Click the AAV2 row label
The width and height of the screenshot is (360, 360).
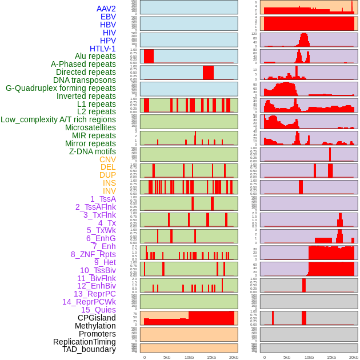(x=106, y=9)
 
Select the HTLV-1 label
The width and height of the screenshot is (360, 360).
(x=102, y=49)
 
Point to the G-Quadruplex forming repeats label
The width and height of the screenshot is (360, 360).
(x=61, y=88)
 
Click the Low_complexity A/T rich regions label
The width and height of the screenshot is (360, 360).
(x=58, y=119)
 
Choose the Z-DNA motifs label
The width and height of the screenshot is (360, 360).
(x=92, y=151)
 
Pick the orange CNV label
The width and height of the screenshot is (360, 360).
(x=107, y=159)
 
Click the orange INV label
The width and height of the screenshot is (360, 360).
(x=109, y=191)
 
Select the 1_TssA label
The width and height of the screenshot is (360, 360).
(x=103, y=199)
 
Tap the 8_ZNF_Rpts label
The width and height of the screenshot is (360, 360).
(x=93, y=254)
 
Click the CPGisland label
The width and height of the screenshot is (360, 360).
(x=97, y=318)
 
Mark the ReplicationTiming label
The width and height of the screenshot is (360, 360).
(x=85, y=342)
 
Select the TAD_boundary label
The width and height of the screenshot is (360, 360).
(x=89, y=349)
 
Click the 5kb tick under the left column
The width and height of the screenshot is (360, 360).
(x=167, y=357)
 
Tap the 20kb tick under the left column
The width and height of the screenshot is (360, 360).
(x=234, y=357)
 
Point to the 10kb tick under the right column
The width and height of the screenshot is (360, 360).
(x=309, y=357)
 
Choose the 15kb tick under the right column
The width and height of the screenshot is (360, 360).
(x=331, y=357)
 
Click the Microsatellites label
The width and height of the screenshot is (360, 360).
(x=90, y=127)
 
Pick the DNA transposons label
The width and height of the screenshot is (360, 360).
(x=85, y=80)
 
